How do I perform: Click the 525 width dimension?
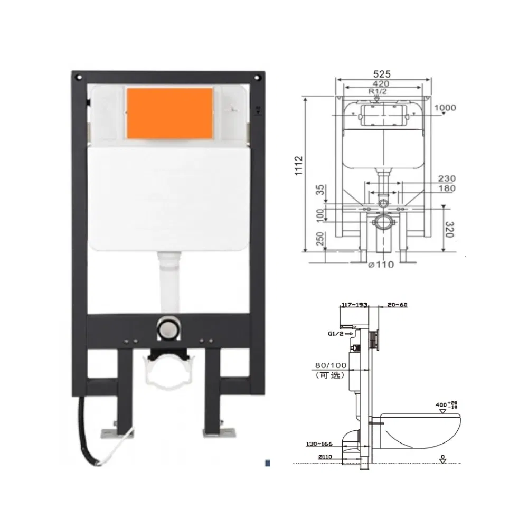(x=384, y=74)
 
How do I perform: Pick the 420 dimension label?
(x=381, y=83)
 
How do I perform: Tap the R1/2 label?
(x=376, y=91)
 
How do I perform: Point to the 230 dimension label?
(x=446, y=179)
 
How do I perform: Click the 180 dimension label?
(x=446, y=188)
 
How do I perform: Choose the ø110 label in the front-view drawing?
(x=382, y=265)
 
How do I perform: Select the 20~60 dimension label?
(x=397, y=304)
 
